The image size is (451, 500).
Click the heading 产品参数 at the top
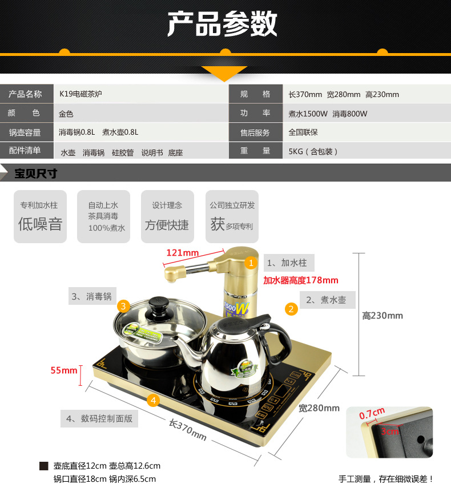[x=222, y=25]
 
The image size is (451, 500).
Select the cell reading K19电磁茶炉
[x=80, y=94]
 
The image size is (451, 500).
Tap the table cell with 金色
[x=66, y=114]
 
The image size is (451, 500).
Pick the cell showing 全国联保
[x=303, y=132]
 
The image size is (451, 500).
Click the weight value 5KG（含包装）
[x=313, y=151]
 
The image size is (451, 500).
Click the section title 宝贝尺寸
[x=36, y=174]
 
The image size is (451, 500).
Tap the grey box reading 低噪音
[x=40, y=217]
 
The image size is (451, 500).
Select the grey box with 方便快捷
[x=167, y=217]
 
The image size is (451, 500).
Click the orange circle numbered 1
[x=250, y=263]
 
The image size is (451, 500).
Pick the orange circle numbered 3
[x=123, y=306]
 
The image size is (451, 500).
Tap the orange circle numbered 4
[x=152, y=400]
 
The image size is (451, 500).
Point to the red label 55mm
[x=64, y=370]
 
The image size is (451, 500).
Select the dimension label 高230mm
[x=382, y=316]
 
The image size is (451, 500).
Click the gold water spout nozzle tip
[x=169, y=276]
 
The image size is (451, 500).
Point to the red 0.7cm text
[x=372, y=413]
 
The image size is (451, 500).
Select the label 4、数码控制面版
[x=99, y=418]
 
